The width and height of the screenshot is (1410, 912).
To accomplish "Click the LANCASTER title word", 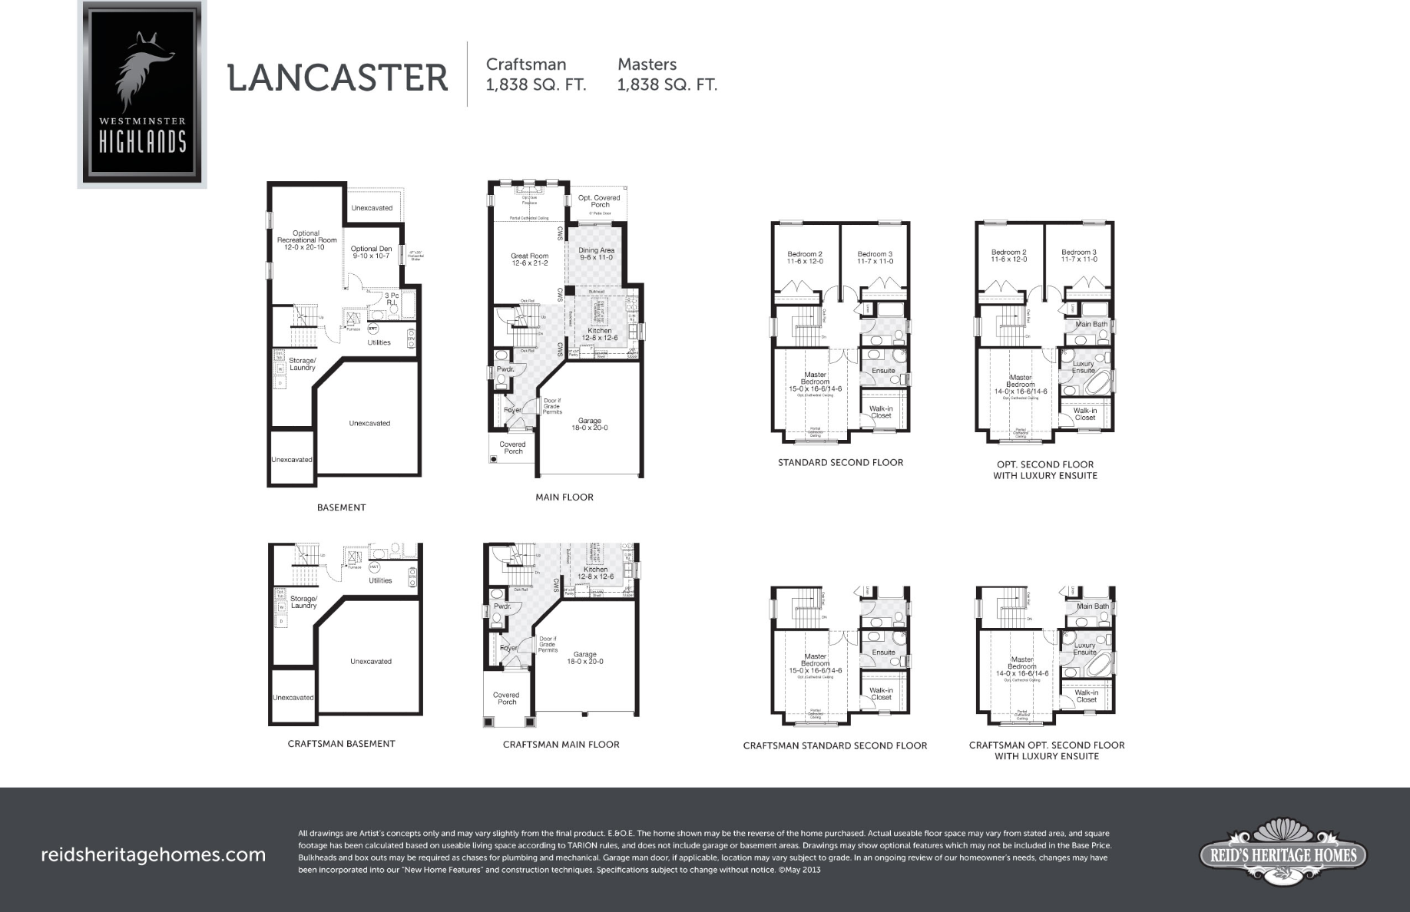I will click(x=337, y=78).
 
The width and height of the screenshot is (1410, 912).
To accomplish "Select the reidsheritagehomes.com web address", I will click(x=154, y=854).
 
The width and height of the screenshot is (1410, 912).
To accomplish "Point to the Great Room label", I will click(x=530, y=259).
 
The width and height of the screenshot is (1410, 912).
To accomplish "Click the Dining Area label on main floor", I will click(x=596, y=253).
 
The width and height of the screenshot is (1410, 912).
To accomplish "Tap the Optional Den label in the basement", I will click(x=371, y=252).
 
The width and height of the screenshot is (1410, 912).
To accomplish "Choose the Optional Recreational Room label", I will click(x=306, y=240).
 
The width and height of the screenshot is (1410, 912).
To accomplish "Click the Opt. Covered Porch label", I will click(x=599, y=201).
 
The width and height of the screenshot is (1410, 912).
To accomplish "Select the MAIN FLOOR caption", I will click(x=564, y=497).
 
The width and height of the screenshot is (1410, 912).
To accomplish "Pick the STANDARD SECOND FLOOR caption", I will click(x=840, y=463).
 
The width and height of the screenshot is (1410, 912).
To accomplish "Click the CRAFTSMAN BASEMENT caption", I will click(x=342, y=744).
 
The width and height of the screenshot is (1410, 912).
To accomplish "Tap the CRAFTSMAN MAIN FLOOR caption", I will click(x=561, y=745).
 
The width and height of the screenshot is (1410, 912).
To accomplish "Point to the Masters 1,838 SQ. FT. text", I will click(x=667, y=74).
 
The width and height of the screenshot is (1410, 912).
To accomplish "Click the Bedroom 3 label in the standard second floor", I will click(x=875, y=257).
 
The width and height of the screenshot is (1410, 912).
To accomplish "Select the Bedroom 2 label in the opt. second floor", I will click(x=1008, y=256).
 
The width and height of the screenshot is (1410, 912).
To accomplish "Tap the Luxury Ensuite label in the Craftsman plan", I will click(x=1084, y=649).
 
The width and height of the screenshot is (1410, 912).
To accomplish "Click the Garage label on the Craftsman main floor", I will click(x=585, y=658).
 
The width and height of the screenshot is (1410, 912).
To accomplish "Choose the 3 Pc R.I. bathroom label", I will click(x=392, y=299).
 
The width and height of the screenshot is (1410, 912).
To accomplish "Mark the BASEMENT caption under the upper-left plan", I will click(x=342, y=507).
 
